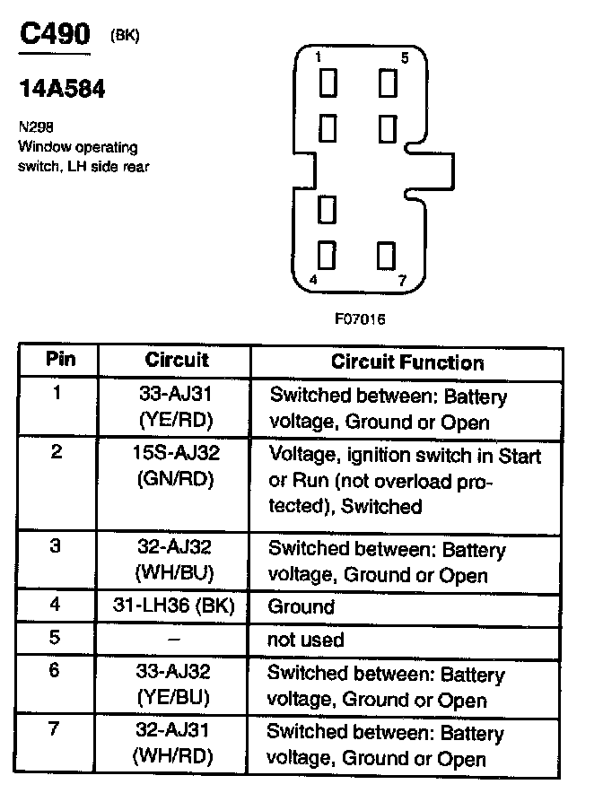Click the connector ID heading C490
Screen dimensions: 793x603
pos(55,36)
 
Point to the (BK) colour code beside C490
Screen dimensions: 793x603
pos(125,36)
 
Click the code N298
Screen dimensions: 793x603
pos(33,128)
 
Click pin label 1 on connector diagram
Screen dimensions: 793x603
pos(319,57)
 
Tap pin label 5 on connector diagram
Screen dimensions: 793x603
pos(404,57)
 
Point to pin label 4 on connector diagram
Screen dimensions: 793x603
pos(312,280)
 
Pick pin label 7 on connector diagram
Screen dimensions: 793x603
pos(402,280)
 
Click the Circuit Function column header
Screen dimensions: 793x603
pos(407,362)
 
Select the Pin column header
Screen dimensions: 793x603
pos(61,361)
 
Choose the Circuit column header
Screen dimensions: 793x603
pos(177,361)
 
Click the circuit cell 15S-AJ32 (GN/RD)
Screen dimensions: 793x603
pos(177,466)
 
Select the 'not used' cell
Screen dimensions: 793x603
pos(305,640)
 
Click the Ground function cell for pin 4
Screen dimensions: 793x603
pos(301,607)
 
